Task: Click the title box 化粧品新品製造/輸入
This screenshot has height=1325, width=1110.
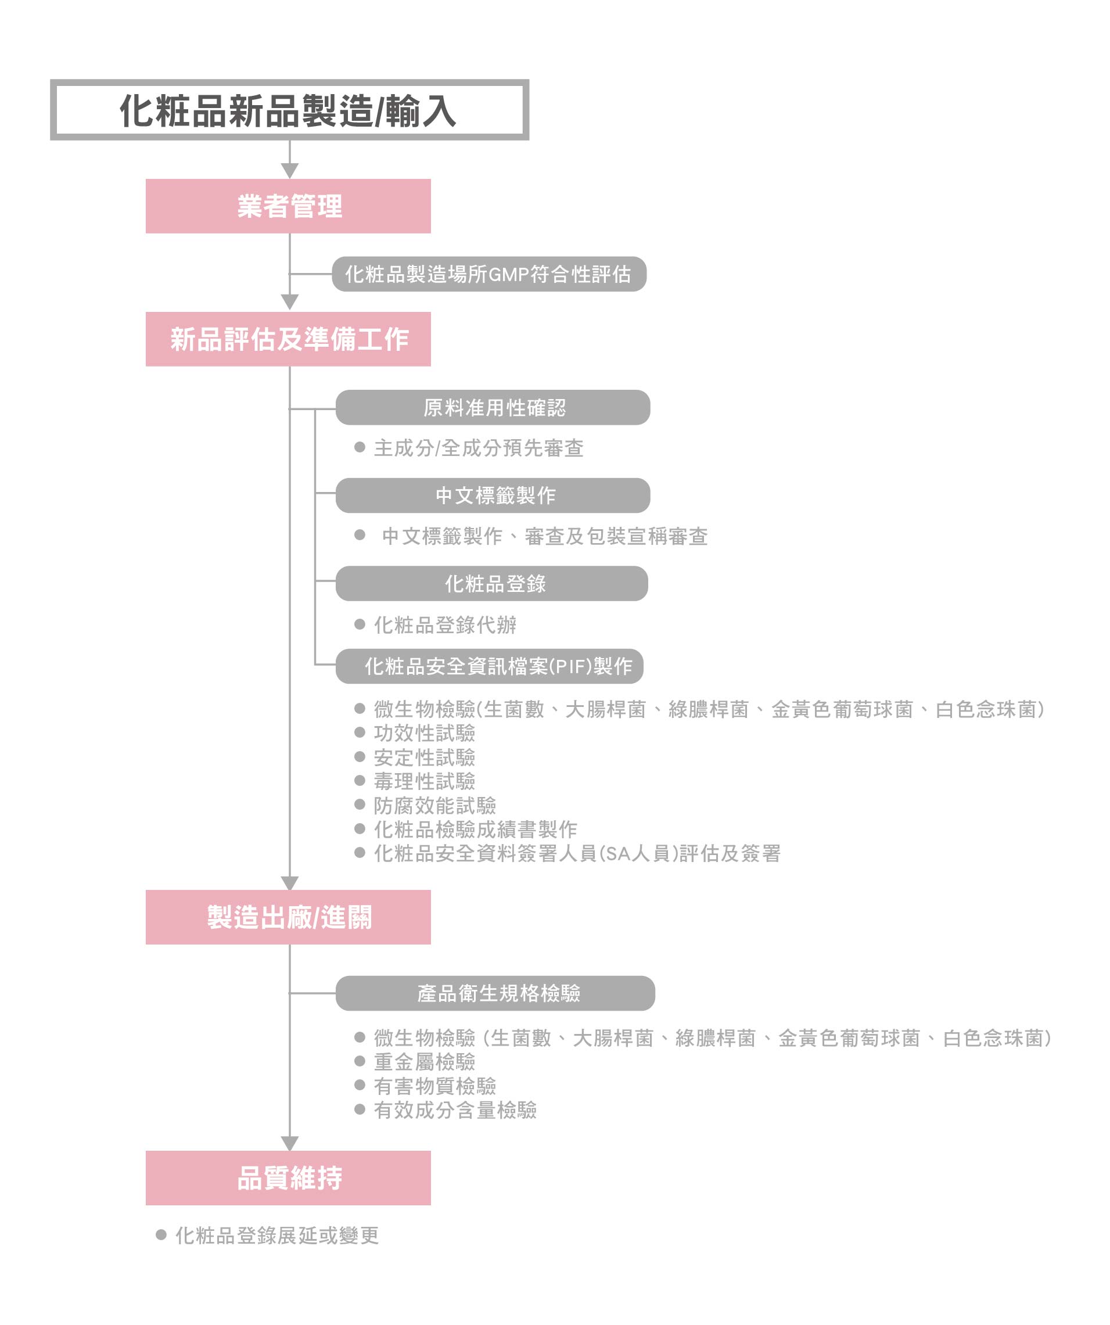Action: pyautogui.click(x=289, y=110)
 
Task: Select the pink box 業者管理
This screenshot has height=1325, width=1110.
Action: pyautogui.click(x=288, y=206)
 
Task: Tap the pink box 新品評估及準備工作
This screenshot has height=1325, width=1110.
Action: pyautogui.click(x=288, y=339)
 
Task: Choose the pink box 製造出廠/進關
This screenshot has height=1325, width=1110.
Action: pyautogui.click(x=288, y=917)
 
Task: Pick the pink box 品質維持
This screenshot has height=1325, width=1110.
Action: pyautogui.click(x=288, y=1178)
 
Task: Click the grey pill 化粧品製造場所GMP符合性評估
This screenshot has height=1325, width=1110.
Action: pyautogui.click(x=489, y=274)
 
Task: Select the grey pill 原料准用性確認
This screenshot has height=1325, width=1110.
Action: pyautogui.click(x=493, y=408)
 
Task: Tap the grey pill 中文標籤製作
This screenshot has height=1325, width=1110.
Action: pyautogui.click(x=493, y=495)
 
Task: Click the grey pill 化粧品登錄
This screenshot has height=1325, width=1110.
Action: pyautogui.click(x=491, y=584)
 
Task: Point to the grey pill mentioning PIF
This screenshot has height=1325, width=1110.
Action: pyautogui.click(x=490, y=666)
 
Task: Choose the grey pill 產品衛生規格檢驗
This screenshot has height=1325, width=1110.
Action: pyautogui.click(x=495, y=993)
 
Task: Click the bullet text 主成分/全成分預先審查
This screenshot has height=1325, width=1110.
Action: pyautogui.click(x=479, y=448)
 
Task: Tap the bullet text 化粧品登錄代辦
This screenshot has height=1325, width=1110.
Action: pyautogui.click(x=445, y=624)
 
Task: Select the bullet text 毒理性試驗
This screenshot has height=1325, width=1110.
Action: pyautogui.click(x=424, y=781)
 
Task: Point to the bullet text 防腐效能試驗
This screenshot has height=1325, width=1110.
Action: pyautogui.click(x=435, y=805)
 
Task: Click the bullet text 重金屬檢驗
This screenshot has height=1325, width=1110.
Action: pyautogui.click(x=424, y=1062)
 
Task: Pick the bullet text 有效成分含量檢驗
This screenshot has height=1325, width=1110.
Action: pyautogui.click(x=455, y=1110)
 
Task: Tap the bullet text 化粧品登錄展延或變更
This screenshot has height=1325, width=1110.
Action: pyautogui.click(x=277, y=1236)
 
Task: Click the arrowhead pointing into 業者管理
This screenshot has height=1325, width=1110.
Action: pyautogui.click(x=290, y=171)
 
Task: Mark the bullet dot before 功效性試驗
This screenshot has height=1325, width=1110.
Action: pyautogui.click(x=360, y=732)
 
